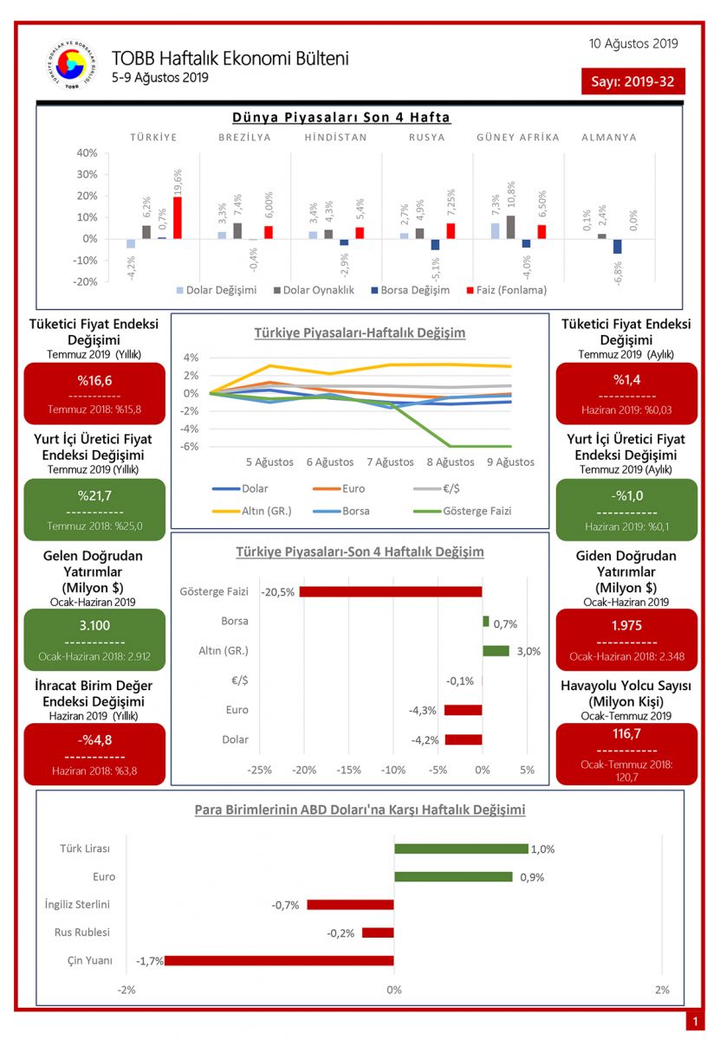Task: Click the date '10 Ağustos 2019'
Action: tap(633, 43)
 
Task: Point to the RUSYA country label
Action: tap(427, 137)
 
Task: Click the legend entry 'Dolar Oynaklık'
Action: tap(315, 290)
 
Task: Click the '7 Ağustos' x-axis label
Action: tap(390, 461)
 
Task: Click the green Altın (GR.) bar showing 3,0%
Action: tap(496, 651)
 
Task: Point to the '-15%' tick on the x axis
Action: tap(348, 770)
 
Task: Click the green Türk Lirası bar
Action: tap(461, 849)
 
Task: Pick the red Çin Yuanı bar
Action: tap(279, 960)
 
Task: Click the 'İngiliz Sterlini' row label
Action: tap(78, 905)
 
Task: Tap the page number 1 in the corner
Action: tap(695, 1023)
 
